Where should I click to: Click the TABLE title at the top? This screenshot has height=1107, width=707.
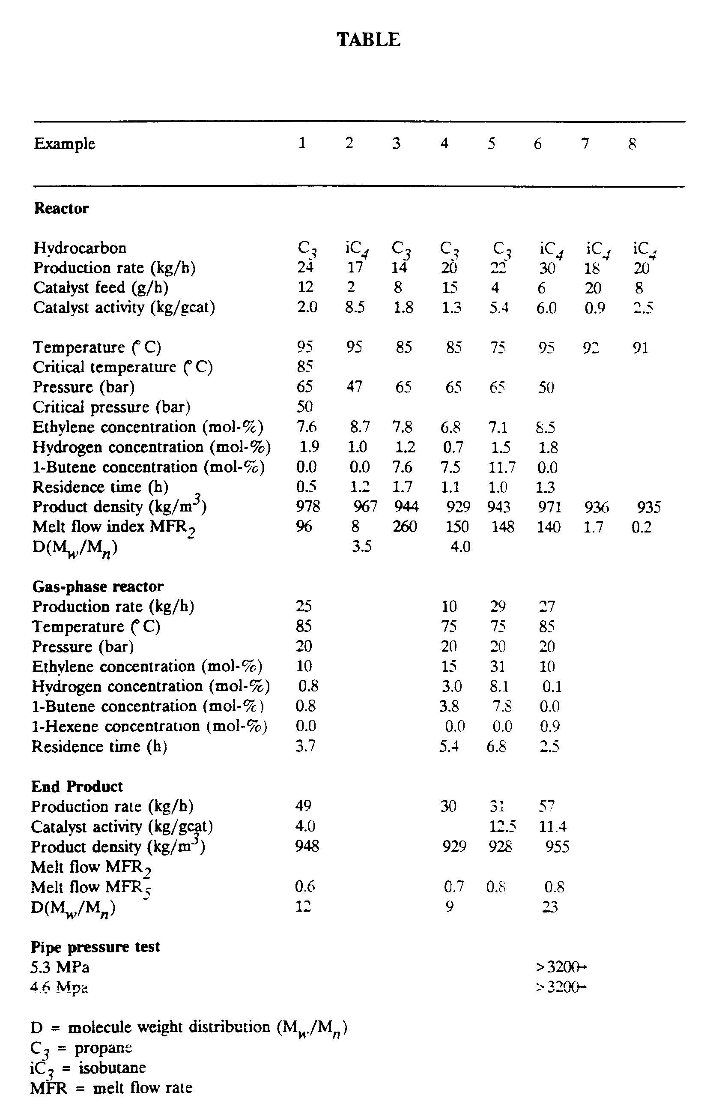(x=368, y=39)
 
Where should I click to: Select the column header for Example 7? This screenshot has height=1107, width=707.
(x=585, y=144)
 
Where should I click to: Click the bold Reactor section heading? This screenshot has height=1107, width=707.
(x=62, y=208)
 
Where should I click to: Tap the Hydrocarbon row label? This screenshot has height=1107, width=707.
(x=80, y=248)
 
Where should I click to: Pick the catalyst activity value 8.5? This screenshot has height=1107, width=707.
(x=355, y=307)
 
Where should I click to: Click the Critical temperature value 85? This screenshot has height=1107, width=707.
(x=304, y=367)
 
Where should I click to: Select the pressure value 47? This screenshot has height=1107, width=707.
(x=354, y=386)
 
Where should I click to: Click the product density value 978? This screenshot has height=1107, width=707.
(x=308, y=507)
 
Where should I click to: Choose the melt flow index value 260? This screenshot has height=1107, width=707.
(x=404, y=527)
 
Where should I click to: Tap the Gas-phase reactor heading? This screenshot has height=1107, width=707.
(x=98, y=586)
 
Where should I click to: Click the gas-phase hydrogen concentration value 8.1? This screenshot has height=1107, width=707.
(x=498, y=686)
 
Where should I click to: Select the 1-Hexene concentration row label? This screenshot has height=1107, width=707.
(x=149, y=726)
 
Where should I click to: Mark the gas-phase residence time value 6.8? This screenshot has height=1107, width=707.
(x=496, y=747)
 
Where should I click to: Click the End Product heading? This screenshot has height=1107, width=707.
(x=77, y=787)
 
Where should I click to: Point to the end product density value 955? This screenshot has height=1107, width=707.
(x=557, y=847)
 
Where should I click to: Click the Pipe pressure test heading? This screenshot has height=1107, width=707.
(x=95, y=947)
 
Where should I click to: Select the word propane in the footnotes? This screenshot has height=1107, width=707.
(x=103, y=1048)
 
